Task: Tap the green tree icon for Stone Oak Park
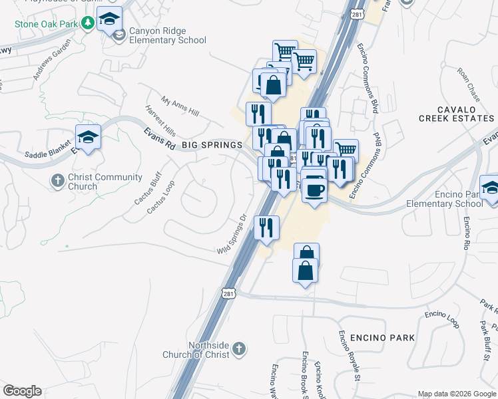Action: coord(87,23)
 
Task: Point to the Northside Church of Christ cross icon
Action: coord(239,348)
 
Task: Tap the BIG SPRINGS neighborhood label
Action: coord(212,144)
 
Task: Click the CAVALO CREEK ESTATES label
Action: coord(456,114)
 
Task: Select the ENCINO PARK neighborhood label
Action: coord(381,337)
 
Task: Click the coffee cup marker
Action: coord(314,190)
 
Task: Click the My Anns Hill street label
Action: coord(180,104)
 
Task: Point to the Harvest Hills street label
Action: coord(160,120)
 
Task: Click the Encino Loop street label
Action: coord(443,319)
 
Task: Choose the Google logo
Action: coord(22,391)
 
